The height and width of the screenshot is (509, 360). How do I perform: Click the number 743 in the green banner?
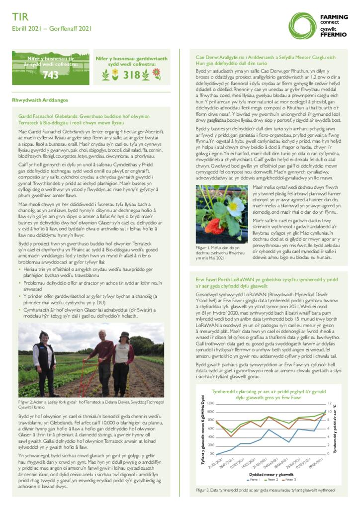coord(51,75)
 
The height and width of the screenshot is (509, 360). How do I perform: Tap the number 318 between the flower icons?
coord(132,75)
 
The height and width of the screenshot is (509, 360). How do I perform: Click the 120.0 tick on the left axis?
coord(210,403)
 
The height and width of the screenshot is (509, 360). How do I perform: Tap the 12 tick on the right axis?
coord(330,403)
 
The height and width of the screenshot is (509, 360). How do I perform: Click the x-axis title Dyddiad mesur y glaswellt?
coord(268,474)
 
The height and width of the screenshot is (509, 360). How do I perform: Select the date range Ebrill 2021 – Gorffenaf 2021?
coord(52,29)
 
